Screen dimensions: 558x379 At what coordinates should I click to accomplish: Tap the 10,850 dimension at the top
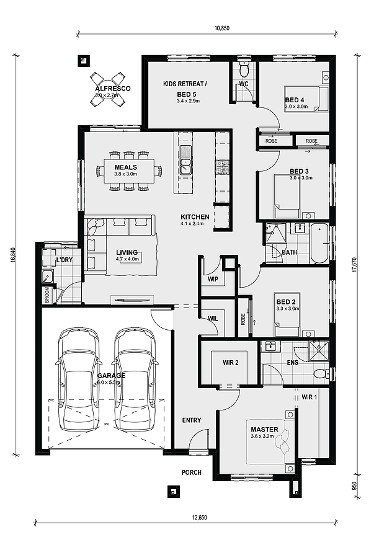[x=223, y=28]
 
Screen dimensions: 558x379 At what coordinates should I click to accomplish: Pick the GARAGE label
[x=111, y=376]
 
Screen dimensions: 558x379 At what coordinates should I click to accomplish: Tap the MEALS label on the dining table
[x=125, y=167]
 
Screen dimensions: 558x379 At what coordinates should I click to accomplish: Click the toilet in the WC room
[x=244, y=66]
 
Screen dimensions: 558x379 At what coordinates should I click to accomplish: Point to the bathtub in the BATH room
[x=319, y=243]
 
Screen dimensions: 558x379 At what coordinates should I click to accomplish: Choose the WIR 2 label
[x=230, y=363]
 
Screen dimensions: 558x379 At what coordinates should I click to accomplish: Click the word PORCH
[x=192, y=472]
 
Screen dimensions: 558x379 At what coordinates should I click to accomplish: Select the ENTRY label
[x=192, y=420]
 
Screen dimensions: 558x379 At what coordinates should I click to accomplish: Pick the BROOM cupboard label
[x=46, y=294]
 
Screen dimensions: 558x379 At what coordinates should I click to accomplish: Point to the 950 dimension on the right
[x=354, y=485]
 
